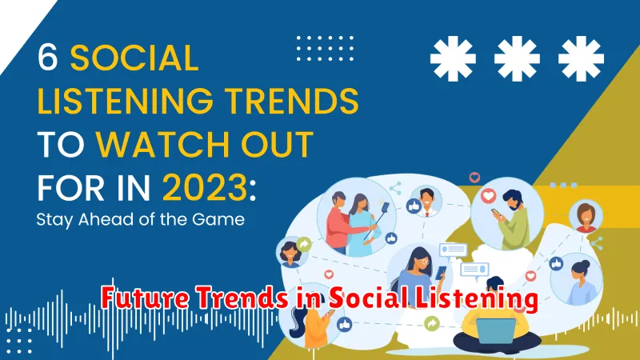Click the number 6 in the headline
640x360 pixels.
[47, 58]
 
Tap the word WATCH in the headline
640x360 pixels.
[163, 145]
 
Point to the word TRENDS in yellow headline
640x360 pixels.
[292, 101]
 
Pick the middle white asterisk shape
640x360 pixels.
[517, 58]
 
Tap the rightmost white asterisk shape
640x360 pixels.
[581, 58]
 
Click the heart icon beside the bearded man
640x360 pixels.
[488, 196]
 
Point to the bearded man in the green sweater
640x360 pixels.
[511, 221]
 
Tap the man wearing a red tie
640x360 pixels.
[427, 202]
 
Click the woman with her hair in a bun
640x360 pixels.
[579, 282]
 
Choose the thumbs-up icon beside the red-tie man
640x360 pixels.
[414, 206]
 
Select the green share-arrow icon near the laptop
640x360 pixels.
[432, 324]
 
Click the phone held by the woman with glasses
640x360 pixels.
[441, 273]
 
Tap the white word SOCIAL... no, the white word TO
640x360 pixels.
[62, 145]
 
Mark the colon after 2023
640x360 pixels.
[253, 190]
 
